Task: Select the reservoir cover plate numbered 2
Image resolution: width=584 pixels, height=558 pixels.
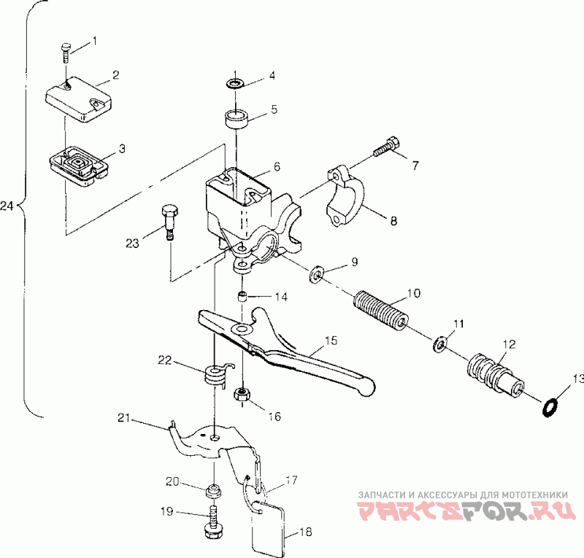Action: coord(79,99)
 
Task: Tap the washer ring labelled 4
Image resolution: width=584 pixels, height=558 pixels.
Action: coord(234,84)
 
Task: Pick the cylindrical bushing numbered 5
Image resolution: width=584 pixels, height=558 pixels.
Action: coord(237,119)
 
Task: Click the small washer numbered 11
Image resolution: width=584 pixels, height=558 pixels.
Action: coord(439,344)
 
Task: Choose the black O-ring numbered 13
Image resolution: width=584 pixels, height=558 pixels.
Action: coord(549,408)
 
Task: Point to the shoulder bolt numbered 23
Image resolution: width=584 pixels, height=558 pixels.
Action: coord(170,222)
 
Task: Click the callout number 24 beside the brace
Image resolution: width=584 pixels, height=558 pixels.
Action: coord(7,206)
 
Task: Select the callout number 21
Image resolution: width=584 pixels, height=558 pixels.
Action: coord(123,418)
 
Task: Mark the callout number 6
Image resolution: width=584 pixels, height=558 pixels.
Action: coord(277,166)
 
